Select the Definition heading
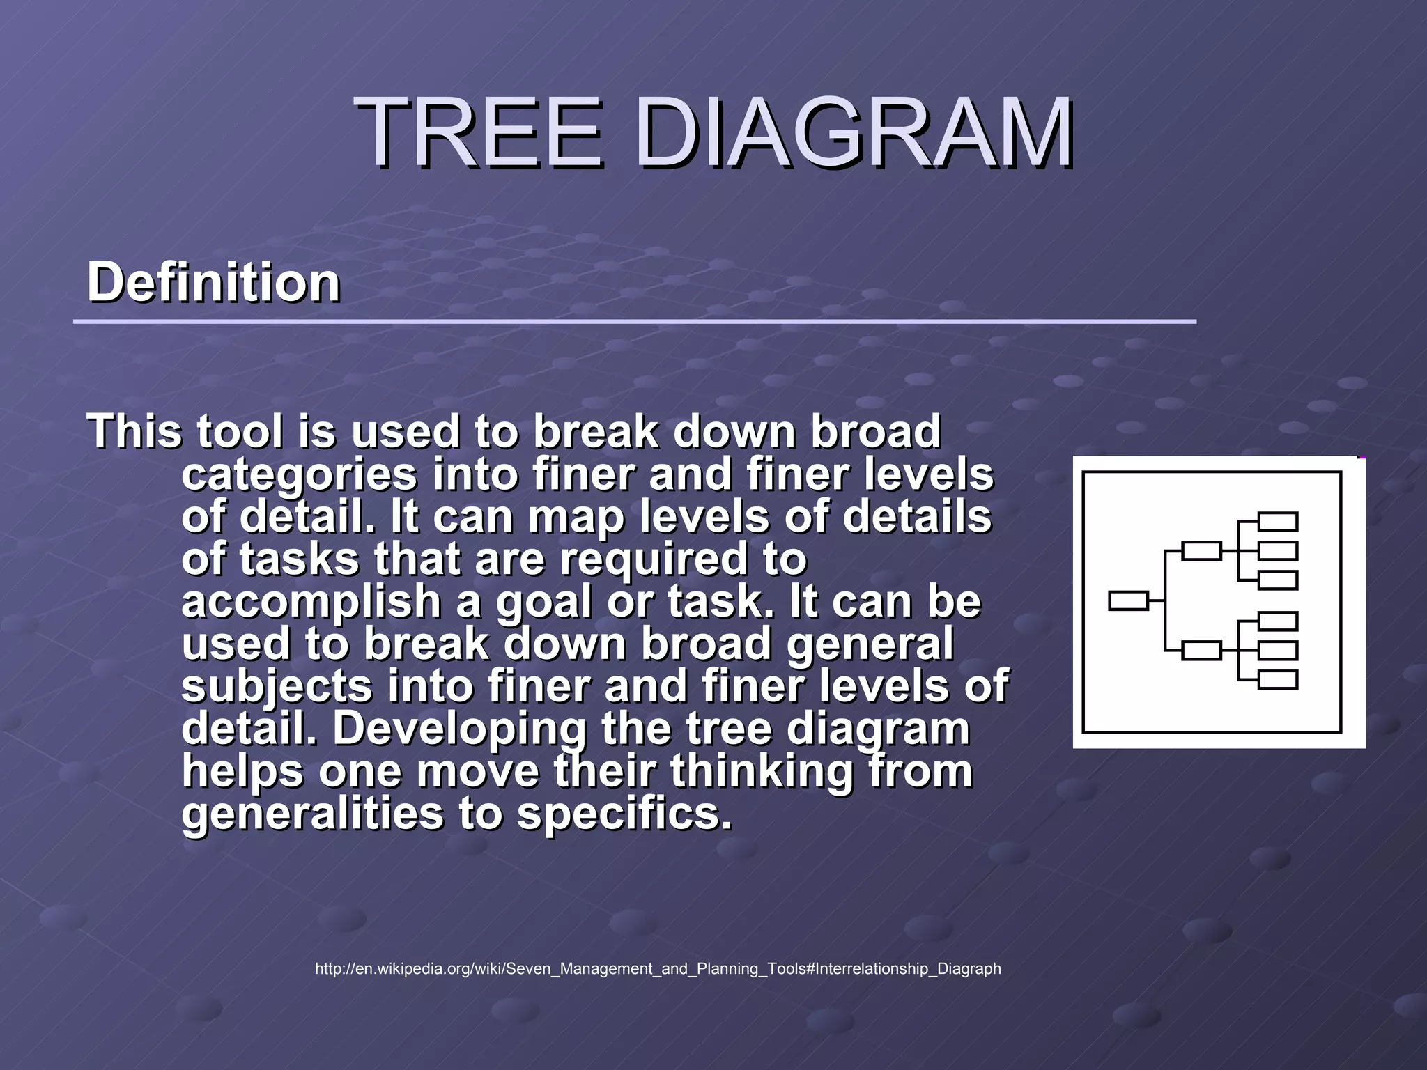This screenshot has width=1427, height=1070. [213, 282]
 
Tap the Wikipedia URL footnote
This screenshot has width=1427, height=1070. [658, 968]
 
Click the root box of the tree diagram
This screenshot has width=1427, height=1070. [1128, 600]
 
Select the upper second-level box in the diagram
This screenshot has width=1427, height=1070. [1202, 550]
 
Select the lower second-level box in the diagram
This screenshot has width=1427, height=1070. [1202, 651]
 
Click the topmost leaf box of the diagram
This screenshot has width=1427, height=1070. [1278, 521]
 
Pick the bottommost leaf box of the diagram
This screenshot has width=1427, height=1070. [1278, 679]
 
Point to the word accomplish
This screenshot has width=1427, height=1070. [311, 602]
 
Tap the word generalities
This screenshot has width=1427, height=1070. [312, 814]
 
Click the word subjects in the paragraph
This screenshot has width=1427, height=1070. [277, 686]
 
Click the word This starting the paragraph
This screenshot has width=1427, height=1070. [134, 431]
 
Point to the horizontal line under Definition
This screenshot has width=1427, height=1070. [634, 322]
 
